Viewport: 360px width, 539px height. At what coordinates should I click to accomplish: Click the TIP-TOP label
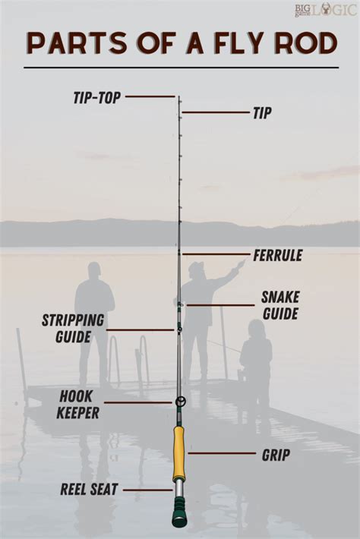[96, 97]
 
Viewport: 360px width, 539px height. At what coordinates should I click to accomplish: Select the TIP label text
[262, 112]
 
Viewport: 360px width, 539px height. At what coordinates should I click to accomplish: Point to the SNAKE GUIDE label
[280, 304]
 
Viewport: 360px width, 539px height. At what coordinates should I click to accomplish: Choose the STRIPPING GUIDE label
[67, 328]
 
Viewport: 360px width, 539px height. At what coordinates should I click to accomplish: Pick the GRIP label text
[276, 455]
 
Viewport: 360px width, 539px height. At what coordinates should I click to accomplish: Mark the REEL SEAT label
[89, 490]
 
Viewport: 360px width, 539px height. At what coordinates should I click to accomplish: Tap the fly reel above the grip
[180, 401]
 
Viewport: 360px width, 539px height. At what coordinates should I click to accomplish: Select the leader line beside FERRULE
[216, 254]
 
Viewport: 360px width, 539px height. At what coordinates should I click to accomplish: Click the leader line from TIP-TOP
[150, 96]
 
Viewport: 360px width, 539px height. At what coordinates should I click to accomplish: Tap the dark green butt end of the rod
[179, 518]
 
